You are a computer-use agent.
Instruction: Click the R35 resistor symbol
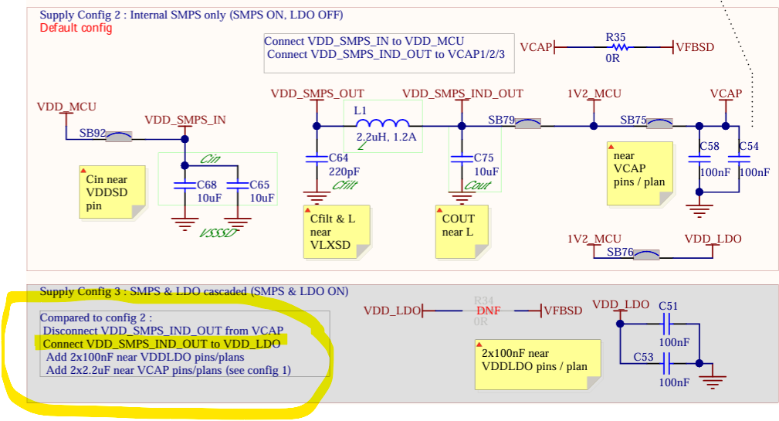tap(615, 47)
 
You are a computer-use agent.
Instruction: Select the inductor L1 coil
tap(382, 124)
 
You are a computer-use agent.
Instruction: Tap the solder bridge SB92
tap(118, 137)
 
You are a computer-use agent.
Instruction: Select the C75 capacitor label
tap(484, 158)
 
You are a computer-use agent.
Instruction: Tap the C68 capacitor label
tap(207, 185)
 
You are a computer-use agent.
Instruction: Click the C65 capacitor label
tap(259, 185)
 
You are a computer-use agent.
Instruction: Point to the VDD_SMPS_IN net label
tap(185, 120)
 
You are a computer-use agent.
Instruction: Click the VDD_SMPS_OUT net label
tap(317, 93)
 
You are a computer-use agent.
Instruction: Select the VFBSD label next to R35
tap(696, 47)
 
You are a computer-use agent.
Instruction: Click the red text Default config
tap(76, 28)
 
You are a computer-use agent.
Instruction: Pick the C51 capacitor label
tap(669, 306)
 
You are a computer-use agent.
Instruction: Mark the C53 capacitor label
tap(644, 357)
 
